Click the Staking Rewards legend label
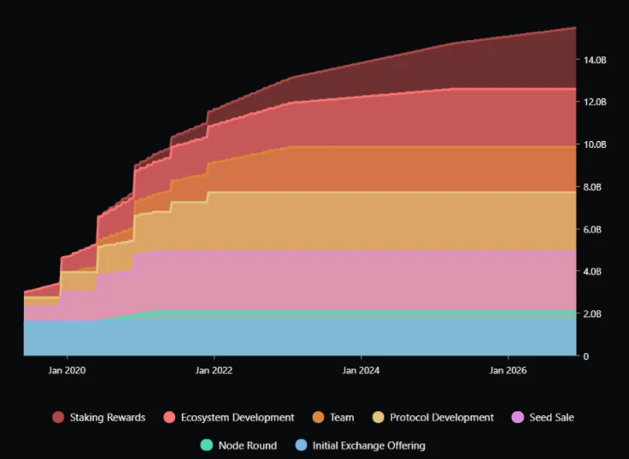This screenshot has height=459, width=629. click(108, 418)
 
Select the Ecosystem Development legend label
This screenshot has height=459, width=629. click(238, 418)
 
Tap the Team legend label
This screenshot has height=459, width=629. click(342, 418)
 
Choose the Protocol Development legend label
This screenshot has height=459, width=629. click(442, 418)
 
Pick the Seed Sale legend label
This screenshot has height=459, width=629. click(551, 418)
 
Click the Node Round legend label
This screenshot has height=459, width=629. click(248, 445)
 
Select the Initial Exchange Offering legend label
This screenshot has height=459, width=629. click(368, 445)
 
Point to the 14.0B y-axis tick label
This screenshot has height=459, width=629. click(595, 60)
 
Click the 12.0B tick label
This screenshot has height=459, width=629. click(595, 103)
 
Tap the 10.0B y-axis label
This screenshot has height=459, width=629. click(595, 144)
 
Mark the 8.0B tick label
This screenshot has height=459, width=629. click(592, 187)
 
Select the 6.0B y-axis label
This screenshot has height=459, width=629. click(592, 229)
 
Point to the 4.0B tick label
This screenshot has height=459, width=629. click(592, 272)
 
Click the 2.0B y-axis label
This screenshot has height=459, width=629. click(592, 315)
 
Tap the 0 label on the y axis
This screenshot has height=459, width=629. click(586, 356)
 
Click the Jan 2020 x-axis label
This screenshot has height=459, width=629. click(67, 370)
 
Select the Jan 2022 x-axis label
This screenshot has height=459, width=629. click(214, 370)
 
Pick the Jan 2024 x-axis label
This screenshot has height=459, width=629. click(361, 370)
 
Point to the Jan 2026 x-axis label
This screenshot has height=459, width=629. click(508, 370)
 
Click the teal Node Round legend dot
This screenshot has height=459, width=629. click(206, 445)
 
